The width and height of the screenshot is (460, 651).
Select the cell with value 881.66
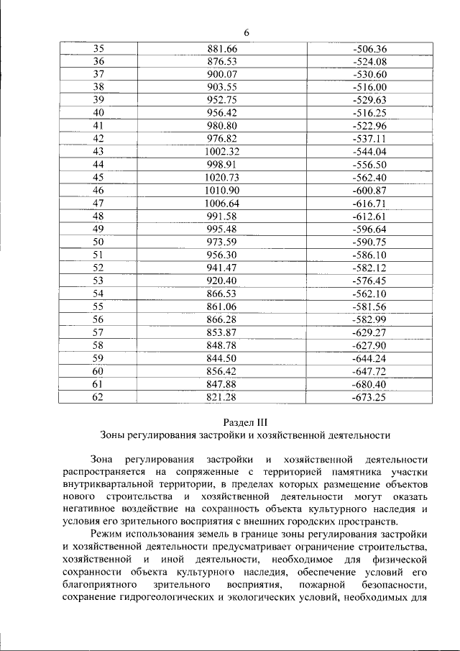pyautogui.click(x=221, y=49)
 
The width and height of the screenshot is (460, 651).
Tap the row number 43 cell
pyautogui.click(x=98, y=151)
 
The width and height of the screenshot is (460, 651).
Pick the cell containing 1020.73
pyautogui.click(x=221, y=177)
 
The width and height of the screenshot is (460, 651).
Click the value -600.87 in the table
pyautogui.click(x=370, y=190)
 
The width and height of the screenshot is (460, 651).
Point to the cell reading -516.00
pyautogui.click(x=370, y=87)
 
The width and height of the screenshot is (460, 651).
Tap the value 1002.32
pyautogui.click(x=221, y=151)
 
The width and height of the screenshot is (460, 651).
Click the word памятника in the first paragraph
pyautogui.click(x=335, y=472)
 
